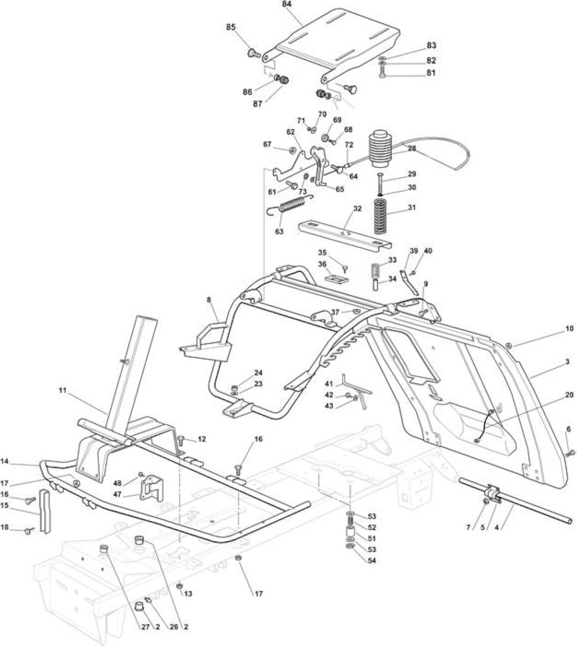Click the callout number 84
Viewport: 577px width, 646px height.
click(x=287, y=4)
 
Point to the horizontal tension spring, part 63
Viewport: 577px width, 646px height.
click(x=290, y=204)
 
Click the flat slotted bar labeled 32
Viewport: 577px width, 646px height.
click(x=344, y=234)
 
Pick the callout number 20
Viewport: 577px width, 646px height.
click(x=569, y=395)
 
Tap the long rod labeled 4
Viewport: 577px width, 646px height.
click(x=516, y=500)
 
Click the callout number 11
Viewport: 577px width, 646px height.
click(x=62, y=390)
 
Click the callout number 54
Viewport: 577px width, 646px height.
click(x=372, y=561)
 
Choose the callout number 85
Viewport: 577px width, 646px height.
click(x=231, y=27)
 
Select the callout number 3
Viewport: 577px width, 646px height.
click(x=567, y=361)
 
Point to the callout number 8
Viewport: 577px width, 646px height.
click(x=209, y=300)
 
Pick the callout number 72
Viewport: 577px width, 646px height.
click(x=348, y=145)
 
